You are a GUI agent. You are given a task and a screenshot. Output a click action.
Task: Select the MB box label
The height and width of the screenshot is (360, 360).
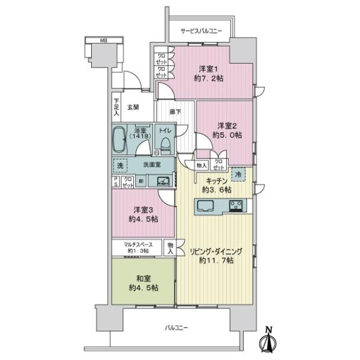(x=103, y=41)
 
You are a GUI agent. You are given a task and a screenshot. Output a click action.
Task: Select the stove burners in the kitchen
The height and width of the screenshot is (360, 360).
(x=235, y=206)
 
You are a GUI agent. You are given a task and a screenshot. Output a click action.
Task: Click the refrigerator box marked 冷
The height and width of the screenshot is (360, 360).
(x=238, y=174)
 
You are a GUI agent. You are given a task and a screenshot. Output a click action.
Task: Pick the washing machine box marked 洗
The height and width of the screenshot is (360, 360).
(x=120, y=165)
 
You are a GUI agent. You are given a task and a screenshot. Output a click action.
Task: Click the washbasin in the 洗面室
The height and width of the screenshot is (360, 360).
(x=163, y=181)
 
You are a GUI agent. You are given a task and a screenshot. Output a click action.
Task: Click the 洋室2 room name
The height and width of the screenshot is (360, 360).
(x=226, y=125)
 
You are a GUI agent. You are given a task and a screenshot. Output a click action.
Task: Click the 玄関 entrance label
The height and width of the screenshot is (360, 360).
(x=133, y=107)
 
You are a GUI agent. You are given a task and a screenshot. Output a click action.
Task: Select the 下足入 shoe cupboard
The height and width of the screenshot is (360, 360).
(x=116, y=108)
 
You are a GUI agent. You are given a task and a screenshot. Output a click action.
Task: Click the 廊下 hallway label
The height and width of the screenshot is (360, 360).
(x=175, y=112)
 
